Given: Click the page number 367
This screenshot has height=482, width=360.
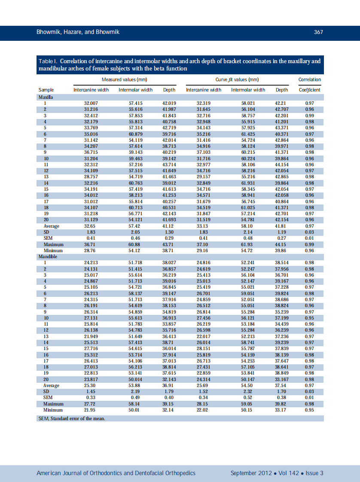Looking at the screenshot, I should (318, 32).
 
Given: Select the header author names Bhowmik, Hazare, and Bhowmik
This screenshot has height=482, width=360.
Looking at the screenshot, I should (78, 32).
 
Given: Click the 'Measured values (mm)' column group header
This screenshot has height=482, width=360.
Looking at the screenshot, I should (118, 79).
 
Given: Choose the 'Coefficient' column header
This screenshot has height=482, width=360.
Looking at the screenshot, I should (309, 90).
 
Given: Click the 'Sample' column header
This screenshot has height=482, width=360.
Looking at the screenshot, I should (46, 90).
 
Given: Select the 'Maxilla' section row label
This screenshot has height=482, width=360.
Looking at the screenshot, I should (46, 97).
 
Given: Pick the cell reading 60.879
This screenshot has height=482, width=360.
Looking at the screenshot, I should (135, 134).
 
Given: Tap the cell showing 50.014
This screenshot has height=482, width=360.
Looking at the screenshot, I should (135, 379).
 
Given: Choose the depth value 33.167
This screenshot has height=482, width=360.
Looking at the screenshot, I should (281, 379).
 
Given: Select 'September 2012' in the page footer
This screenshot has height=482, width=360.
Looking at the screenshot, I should (251, 473).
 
